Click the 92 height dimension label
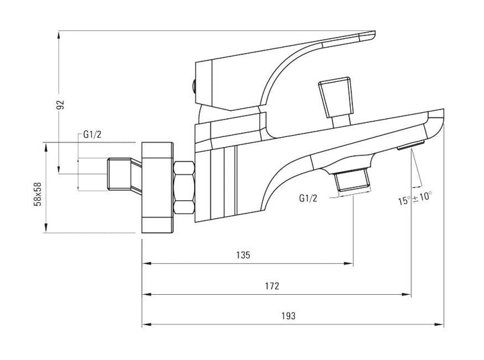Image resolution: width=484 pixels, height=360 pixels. pyautogui.click(x=61, y=104)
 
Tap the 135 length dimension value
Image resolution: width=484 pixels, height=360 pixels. pyautogui.click(x=243, y=255)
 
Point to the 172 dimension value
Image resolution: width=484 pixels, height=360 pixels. pyautogui.click(x=272, y=286)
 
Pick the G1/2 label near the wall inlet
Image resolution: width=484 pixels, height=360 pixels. pyautogui.click(x=93, y=134)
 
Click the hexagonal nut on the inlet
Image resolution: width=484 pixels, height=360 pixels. pyautogui.click(x=184, y=188)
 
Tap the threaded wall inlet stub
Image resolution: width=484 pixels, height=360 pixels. pyautogui.click(x=120, y=174)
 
